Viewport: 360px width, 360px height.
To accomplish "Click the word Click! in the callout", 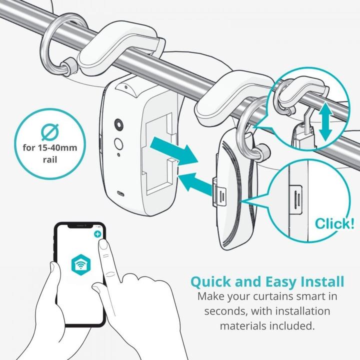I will coord(333,223).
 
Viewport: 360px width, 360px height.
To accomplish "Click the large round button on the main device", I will coord(119,124).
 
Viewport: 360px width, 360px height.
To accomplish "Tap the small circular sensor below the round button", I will coord(119,143).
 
